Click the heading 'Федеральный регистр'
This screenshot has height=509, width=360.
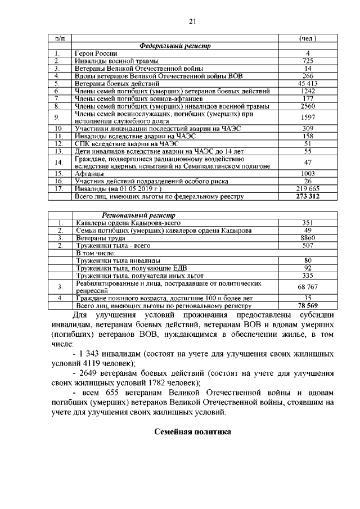pos(174,46)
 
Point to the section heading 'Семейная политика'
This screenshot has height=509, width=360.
pos(192,433)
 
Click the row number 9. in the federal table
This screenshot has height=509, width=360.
pos(57,117)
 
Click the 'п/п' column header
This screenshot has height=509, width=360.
pos(60,38)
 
